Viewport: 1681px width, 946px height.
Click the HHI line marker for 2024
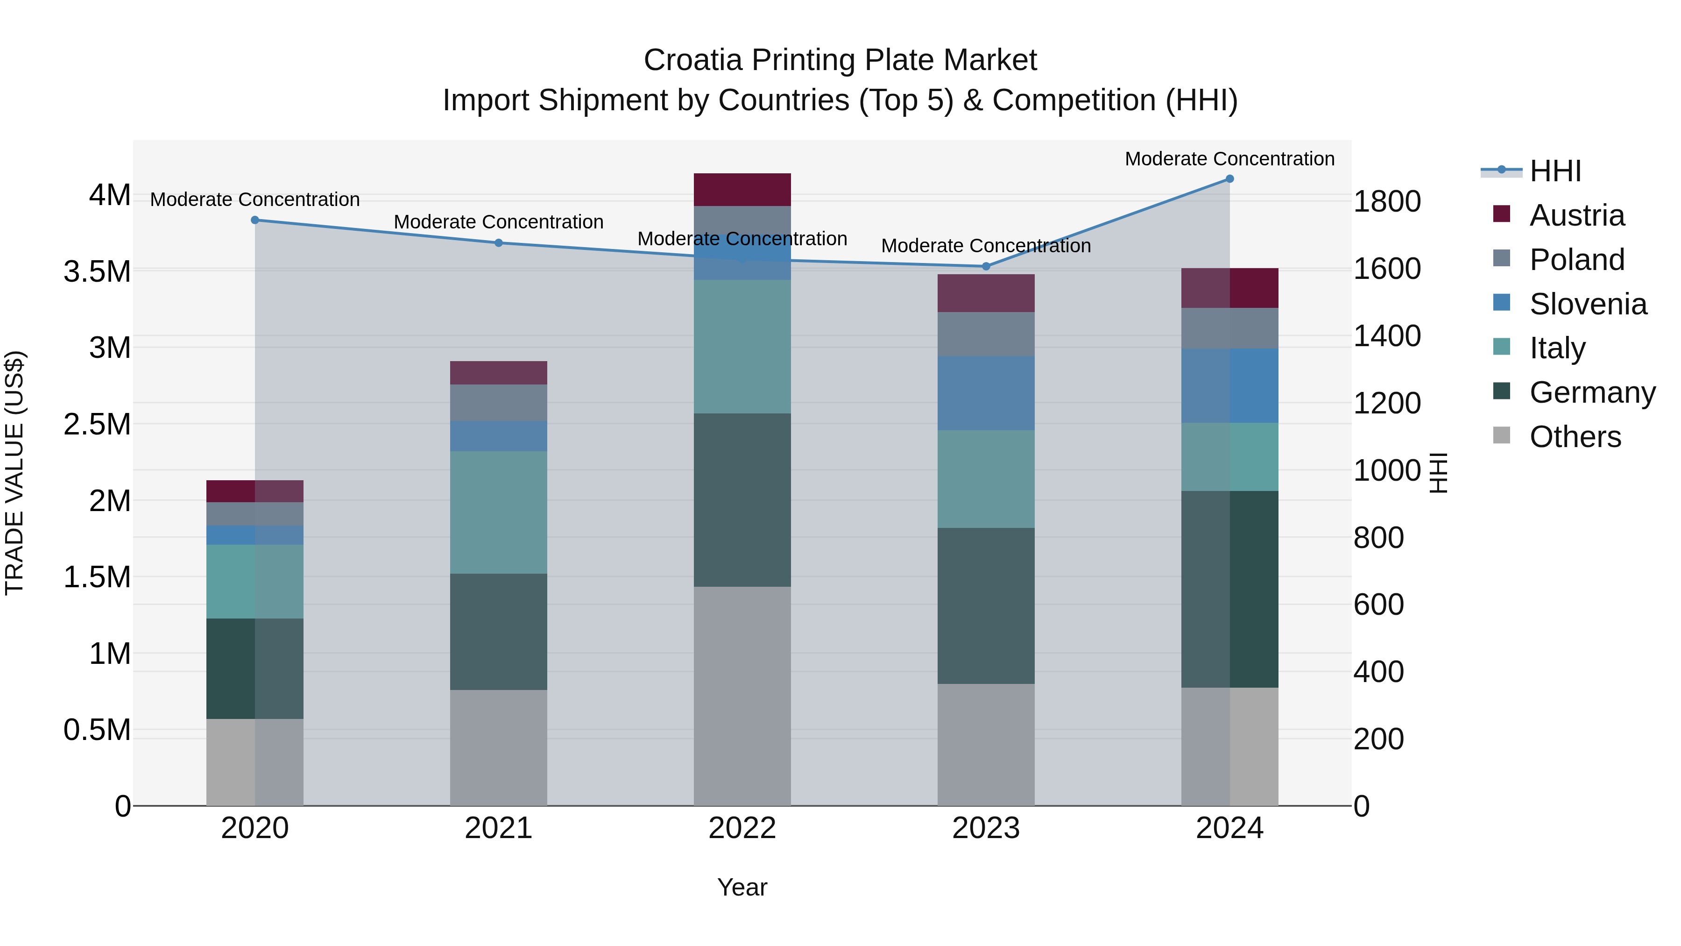(1229, 179)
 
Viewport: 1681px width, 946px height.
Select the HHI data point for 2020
(255, 220)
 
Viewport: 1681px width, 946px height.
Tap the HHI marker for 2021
(499, 243)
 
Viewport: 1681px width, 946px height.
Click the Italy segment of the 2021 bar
(499, 512)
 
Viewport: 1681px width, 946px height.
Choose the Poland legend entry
(1576, 259)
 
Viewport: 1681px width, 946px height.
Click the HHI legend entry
(1554, 171)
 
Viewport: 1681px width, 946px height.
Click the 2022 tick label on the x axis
(742, 828)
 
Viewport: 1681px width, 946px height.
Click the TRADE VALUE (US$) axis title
(14, 473)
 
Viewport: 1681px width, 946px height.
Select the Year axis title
(742, 887)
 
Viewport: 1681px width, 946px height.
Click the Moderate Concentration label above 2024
(1229, 159)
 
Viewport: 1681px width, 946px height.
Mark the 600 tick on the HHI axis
(1378, 605)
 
